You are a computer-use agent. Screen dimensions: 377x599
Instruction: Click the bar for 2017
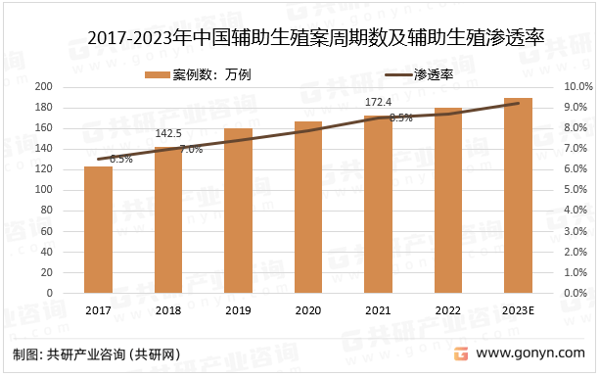98,229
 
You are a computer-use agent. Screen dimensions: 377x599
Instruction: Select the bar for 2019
238,211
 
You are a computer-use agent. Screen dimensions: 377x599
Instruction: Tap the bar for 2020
308,207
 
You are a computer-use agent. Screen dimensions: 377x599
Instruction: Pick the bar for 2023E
518,195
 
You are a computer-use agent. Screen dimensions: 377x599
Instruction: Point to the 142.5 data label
168,133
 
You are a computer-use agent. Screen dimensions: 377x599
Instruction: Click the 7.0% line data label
190,150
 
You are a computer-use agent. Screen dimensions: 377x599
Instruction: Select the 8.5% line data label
400,118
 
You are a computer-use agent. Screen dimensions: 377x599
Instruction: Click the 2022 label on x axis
447,310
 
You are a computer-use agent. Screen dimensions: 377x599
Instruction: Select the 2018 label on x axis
167,310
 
